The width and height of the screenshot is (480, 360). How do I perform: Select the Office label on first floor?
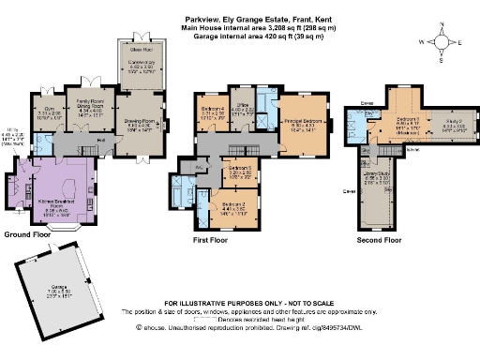[243, 110]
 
